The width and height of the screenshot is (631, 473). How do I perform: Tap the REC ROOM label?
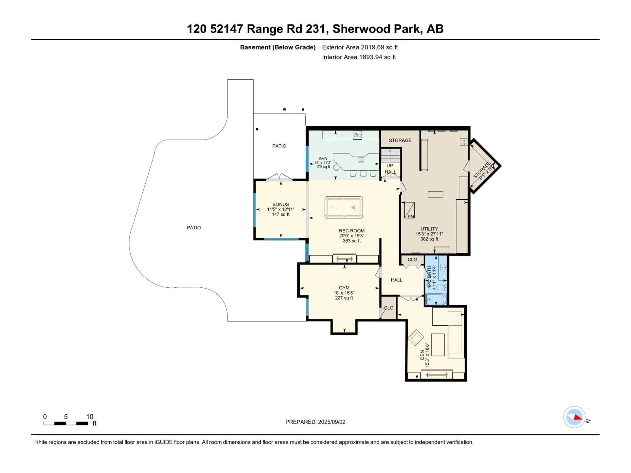coord(351,231)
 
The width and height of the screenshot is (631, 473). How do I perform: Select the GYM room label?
coord(344,288)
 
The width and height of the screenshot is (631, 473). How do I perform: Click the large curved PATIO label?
coord(194,227)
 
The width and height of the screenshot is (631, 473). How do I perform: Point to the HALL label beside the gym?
coord(397,280)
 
